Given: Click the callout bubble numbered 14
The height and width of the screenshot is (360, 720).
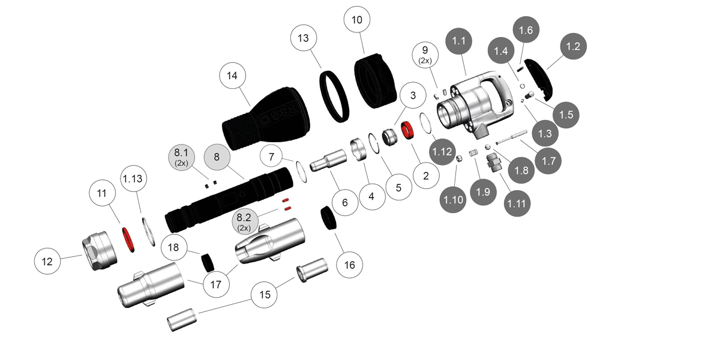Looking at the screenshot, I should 232,76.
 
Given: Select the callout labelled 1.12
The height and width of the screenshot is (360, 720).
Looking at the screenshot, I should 442,152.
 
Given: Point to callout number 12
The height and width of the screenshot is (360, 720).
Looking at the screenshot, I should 47,262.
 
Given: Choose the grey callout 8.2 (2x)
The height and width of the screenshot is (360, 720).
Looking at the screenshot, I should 244,221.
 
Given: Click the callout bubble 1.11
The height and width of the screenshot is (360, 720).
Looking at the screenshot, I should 517,203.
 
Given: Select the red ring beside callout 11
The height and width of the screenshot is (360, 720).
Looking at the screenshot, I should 128,239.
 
